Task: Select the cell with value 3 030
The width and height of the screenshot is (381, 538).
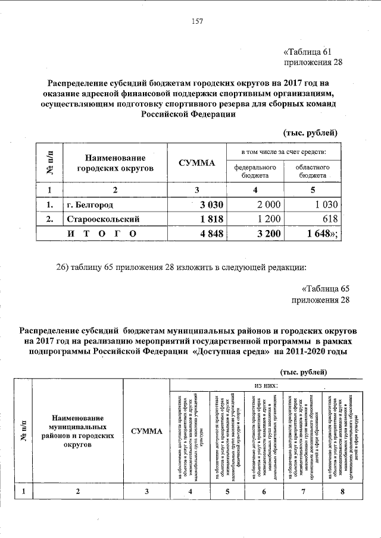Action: pos(211,205)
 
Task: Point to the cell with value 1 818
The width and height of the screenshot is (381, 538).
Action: pos(211,219)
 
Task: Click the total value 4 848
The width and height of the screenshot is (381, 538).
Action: pos(211,234)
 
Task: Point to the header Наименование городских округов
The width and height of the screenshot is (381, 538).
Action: pos(115,163)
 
